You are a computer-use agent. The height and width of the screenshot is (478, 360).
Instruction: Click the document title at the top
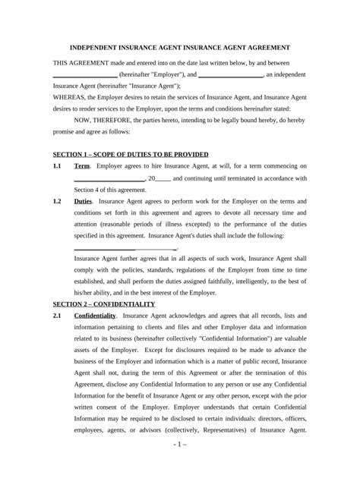[179, 46]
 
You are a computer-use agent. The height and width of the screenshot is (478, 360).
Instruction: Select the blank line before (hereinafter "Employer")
[85, 77]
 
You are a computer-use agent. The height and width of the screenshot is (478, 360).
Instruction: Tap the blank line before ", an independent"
[229, 77]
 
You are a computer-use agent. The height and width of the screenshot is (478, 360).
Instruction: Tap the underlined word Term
[82, 165]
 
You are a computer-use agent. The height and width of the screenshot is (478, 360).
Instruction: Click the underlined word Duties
[84, 203]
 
